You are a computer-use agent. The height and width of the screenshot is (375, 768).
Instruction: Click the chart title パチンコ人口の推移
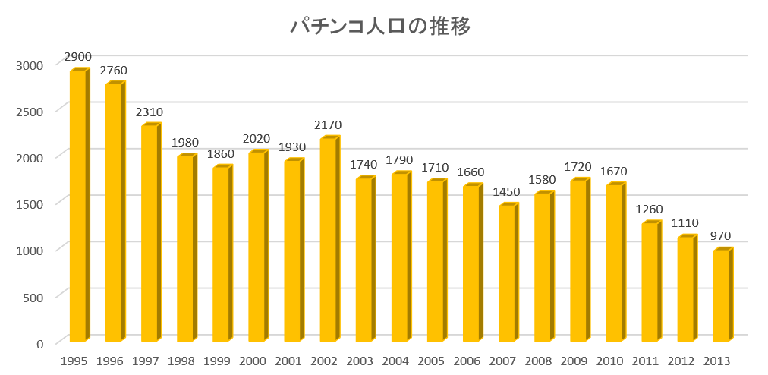click(382, 27)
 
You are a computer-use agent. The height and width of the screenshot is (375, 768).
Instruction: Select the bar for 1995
click(78, 205)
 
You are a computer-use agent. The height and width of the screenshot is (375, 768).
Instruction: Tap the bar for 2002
click(329, 239)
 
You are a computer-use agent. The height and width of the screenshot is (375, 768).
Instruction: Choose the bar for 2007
click(507, 273)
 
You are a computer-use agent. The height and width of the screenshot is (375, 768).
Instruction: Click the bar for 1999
click(221, 254)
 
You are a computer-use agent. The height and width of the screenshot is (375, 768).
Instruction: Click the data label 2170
click(329, 125)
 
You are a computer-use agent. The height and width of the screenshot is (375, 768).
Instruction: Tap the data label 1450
click(507, 192)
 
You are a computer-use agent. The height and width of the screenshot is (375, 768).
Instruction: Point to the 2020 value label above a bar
click(257, 139)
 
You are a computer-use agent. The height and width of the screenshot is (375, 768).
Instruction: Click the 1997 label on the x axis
click(146, 361)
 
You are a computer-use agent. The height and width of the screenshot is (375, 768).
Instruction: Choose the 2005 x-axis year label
click(432, 361)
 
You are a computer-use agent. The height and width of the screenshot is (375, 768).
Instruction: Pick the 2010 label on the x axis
click(610, 361)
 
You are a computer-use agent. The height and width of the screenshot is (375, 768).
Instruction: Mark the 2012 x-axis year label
click(681, 361)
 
